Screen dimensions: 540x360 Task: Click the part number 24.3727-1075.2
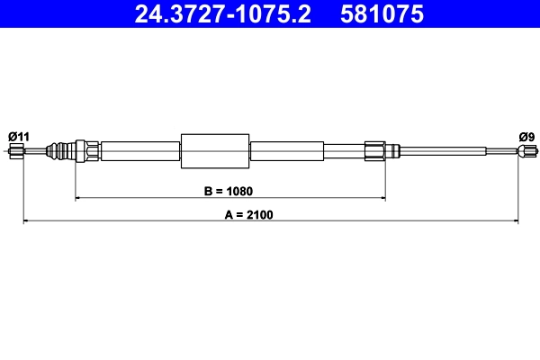[222, 14]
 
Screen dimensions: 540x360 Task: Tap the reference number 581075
[382, 14]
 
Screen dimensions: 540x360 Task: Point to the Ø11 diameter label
[19, 137]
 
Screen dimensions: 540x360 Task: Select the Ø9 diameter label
[526, 137]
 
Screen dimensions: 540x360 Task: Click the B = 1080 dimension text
[229, 191]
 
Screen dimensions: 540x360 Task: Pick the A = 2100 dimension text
[248, 214]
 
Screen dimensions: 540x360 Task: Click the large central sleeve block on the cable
[215, 151]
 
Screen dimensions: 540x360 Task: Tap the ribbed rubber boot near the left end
[60, 151]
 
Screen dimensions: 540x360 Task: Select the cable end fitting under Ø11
[16, 151]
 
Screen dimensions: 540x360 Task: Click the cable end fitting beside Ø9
[527, 151]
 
